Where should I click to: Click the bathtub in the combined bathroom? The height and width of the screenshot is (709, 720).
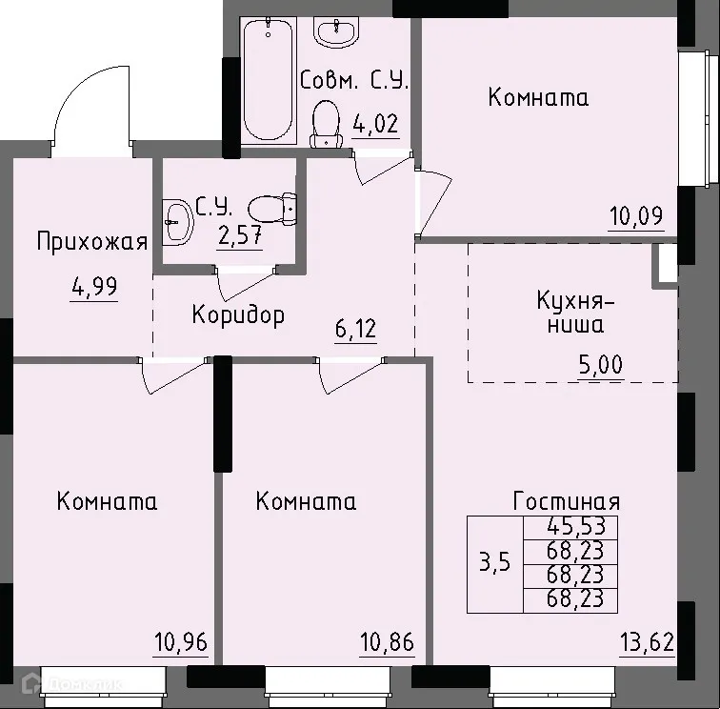pyautogui.click(x=268, y=79)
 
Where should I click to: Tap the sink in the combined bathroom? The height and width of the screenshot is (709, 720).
pyautogui.click(x=335, y=32)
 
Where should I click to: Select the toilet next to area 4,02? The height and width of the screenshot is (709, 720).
pyautogui.click(x=327, y=124)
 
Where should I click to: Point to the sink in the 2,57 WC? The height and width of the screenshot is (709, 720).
pyautogui.click(x=176, y=223)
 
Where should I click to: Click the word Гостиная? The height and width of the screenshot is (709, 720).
pyautogui.click(x=567, y=501)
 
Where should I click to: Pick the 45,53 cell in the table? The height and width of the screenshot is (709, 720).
pyautogui.click(x=582, y=525)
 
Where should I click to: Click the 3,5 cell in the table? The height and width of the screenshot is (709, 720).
pyautogui.click(x=494, y=562)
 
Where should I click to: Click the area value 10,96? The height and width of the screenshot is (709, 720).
pyautogui.click(x=179, y=639)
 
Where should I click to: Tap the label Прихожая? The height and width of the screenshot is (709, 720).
pyautogui.click(x=92, y=241)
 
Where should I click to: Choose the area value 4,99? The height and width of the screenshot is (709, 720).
pyautogui.click(x=94, y=285)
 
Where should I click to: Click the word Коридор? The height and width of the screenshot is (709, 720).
pyautogui.click(x=237, y=314)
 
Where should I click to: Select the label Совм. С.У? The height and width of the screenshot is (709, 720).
pyautogui.click(x=353, y=81)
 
